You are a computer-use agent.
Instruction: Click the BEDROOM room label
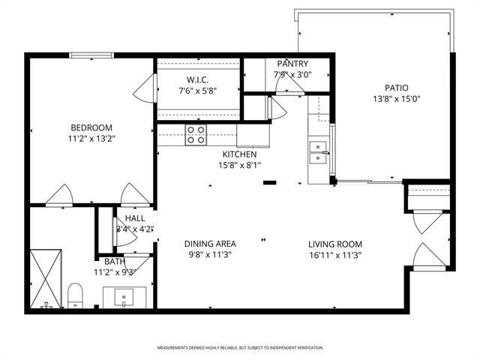click(91, 127)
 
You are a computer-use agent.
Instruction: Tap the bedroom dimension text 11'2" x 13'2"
click(91, 138)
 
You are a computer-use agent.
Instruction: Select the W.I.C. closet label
click(197, 80)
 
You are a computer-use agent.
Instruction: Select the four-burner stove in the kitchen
click(196, 135)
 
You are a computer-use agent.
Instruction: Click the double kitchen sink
click(319, 152)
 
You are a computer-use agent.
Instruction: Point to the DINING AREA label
click(211, 244)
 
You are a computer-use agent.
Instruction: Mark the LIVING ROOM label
click(335, 244)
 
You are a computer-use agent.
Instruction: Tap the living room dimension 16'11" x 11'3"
click(335, 255)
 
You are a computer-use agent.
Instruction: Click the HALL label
click(135, 217)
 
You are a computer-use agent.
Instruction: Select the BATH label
click(115, 261)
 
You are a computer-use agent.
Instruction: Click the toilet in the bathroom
click(75, 295)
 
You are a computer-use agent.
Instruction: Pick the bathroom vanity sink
click(124, 298)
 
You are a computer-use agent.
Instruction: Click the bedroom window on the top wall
click(91, 55)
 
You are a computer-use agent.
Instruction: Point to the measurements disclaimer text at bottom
click(240, 348)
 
